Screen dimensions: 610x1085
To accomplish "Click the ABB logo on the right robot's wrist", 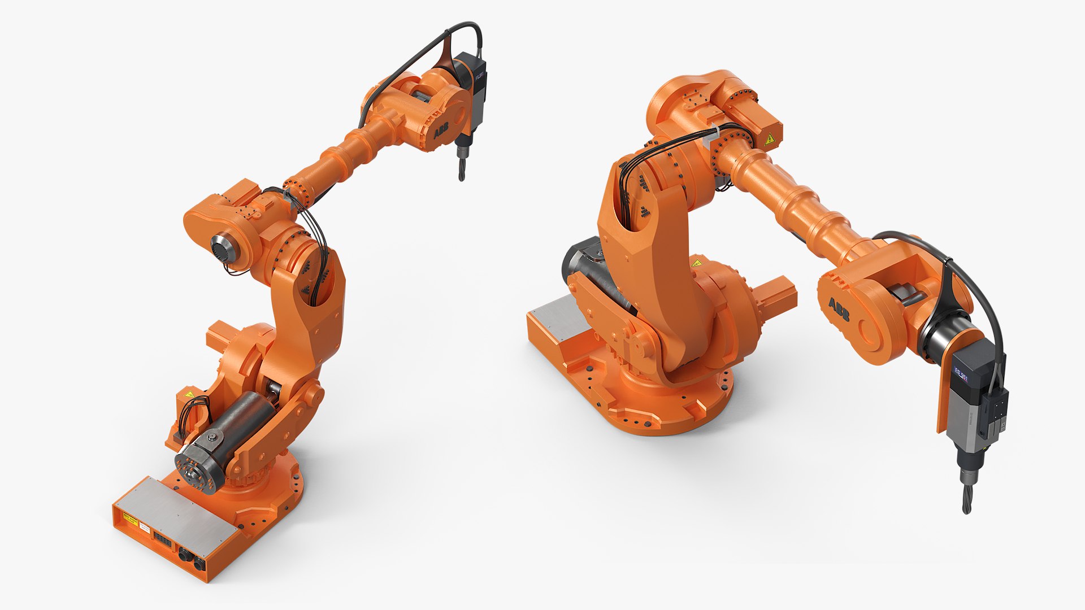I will tap(839, 310).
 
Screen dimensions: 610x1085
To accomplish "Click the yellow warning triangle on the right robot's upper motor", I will tap(769, 140).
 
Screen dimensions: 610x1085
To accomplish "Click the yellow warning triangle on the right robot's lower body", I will tap(697, 263).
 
